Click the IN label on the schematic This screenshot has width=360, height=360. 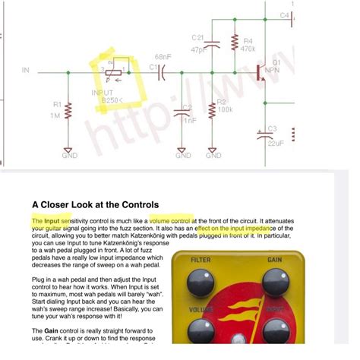point(26,71)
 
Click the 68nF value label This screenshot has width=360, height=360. point(163,57)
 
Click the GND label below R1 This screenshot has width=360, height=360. point(68,156)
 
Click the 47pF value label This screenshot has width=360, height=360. point(197,49)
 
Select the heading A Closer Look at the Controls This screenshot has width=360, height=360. point(95,204)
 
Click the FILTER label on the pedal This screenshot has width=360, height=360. point(201,261)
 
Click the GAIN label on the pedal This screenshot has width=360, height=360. point(275,261)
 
